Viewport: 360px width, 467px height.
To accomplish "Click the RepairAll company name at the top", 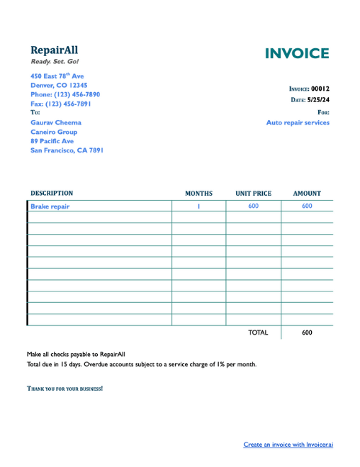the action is point(54,50).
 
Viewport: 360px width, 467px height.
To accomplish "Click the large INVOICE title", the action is point(297,54).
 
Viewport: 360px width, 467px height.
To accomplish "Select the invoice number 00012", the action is point(320,89).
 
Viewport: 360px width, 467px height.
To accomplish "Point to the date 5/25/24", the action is point(318,100).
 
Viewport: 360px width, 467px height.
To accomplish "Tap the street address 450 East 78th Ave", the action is point(57,76).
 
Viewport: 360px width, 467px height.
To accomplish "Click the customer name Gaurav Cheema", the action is point(55,122).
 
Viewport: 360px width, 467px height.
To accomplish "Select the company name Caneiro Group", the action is point(53,132).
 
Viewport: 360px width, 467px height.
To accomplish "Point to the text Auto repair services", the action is point(297,122).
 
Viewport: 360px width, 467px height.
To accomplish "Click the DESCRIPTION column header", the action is point(51,194).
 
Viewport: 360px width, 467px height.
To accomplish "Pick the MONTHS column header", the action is point(199,194).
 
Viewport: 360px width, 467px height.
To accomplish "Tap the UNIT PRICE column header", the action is point(253,194).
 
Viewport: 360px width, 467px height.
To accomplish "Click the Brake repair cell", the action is point(50,206).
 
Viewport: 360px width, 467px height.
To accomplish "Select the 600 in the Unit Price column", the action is point(253,206).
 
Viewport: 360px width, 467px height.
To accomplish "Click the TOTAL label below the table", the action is point(258,332).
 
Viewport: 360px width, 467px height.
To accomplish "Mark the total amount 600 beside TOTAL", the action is point(307,332).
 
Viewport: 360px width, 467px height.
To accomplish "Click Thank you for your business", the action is point(65,389).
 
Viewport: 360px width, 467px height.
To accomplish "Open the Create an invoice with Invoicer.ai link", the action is point(288,445).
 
